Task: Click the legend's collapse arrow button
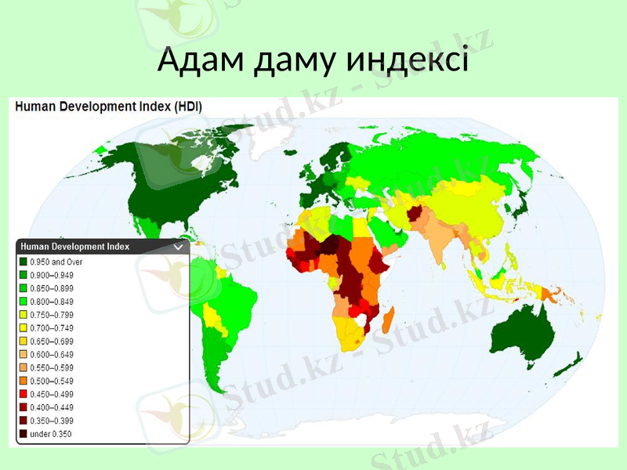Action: pyautogui.click(x=178, y=247)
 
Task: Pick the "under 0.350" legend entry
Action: pyautogui.click(x=50, y=434)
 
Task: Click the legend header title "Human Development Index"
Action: pyautogui.click(x=75, y=246)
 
